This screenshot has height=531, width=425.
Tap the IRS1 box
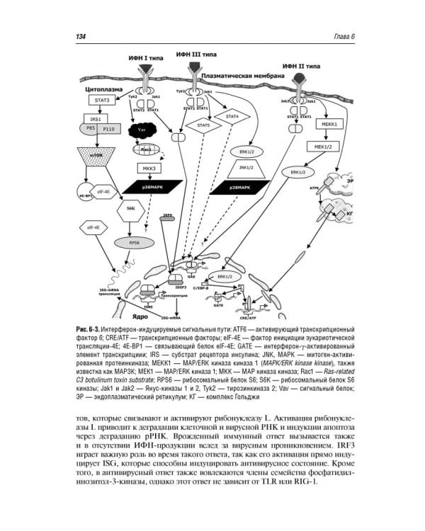point(95,118)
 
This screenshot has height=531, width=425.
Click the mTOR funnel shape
point(94,154)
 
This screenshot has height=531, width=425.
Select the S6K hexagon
point(131,210)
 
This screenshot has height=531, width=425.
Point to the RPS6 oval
point(132,241)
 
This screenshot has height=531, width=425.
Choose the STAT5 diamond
point(205,126)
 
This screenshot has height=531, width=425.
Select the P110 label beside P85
point(108,130)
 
